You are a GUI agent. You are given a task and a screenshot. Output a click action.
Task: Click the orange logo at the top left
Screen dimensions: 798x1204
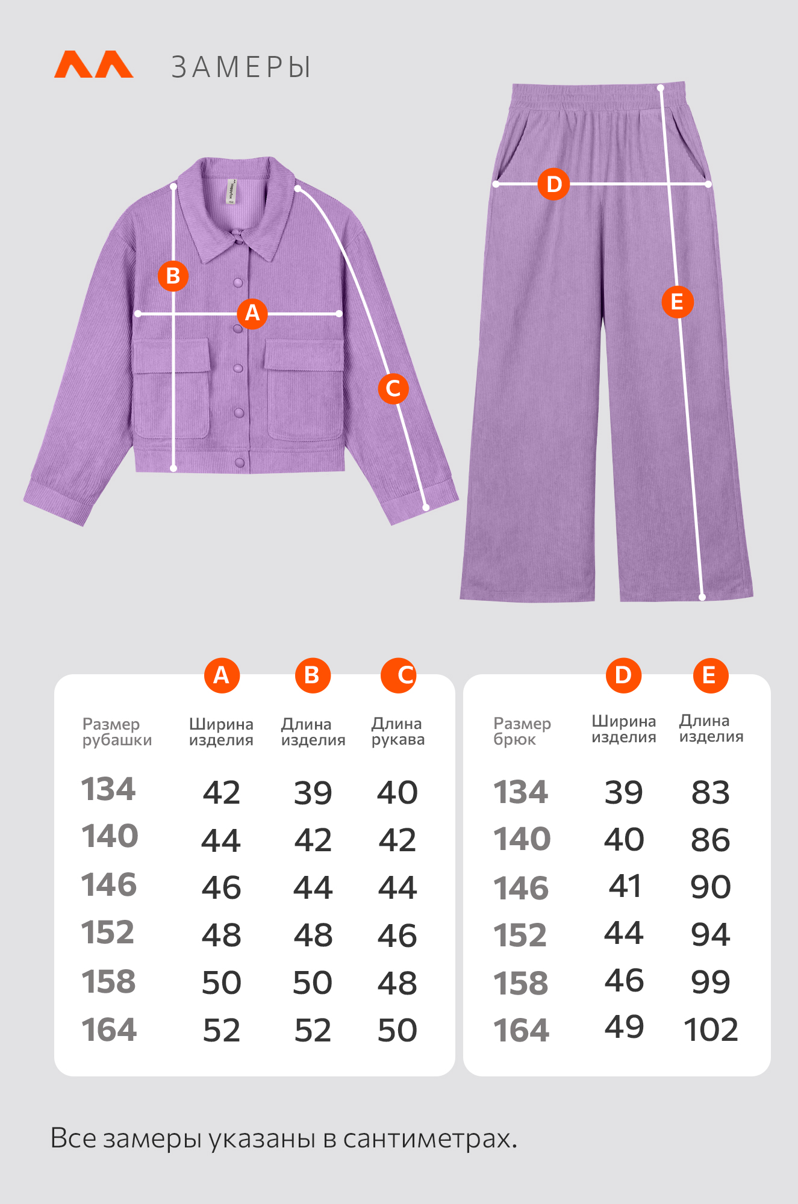pos(94,64)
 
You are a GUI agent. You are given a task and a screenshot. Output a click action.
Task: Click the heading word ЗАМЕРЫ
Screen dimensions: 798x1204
pos(242,67)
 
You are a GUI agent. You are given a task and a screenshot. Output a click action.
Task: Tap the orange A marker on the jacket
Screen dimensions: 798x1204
pos(252,313)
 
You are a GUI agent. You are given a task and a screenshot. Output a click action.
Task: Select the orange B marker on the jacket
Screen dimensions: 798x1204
pos(173,276)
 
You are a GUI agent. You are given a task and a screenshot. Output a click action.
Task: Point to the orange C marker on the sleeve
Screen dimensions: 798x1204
pos(393,388)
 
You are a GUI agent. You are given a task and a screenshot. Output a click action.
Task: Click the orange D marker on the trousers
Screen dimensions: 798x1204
pos(553,184)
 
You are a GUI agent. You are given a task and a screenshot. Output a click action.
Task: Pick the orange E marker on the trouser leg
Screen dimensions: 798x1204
pos(678,302)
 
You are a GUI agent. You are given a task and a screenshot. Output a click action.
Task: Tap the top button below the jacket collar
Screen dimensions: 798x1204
pos(237,239)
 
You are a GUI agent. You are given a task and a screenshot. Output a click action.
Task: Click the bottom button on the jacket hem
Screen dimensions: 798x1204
pos(240,462)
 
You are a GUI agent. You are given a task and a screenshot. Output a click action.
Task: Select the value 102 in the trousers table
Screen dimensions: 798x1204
pos(711,1029)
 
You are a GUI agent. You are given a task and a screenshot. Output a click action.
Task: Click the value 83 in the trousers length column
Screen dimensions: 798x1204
pos(711,792)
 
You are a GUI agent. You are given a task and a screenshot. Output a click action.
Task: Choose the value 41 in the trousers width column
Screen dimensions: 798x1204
pos(625,886)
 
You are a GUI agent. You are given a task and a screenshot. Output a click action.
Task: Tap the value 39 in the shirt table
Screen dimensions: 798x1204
pos(313,793)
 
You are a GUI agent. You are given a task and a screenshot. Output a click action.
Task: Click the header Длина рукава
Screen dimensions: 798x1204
pos(398,731)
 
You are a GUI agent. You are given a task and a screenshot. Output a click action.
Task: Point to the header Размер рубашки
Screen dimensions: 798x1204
pos(117,732)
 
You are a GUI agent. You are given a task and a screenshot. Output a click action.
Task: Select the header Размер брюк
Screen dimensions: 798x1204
pos(522,731)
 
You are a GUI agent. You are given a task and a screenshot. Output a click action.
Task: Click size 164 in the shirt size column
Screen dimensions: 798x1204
pos(109,1029)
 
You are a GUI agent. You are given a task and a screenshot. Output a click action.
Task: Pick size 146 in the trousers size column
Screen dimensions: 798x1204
pos(521,889)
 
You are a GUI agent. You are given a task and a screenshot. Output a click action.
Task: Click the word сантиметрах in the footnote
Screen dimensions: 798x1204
pos(429,1139)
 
